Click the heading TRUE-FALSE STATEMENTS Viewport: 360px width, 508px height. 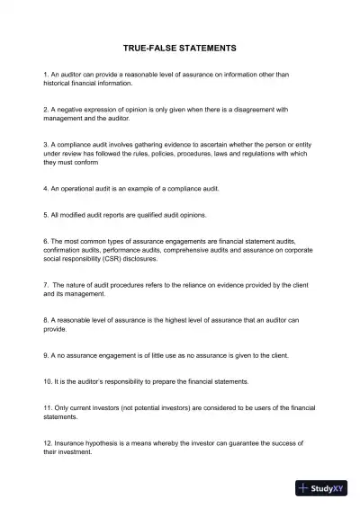(x=179, y=47)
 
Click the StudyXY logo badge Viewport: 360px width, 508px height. (x=321, y=488)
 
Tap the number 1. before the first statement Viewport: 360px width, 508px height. (x=46, y=75)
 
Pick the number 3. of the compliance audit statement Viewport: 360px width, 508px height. (x=46, y=144)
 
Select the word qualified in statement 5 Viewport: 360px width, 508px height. (x=157, y=215)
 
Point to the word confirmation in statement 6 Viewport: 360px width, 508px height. (x=67, y=250)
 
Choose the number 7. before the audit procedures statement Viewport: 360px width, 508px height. (x=46, y=285)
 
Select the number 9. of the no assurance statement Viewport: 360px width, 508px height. (x=46, y=355)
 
